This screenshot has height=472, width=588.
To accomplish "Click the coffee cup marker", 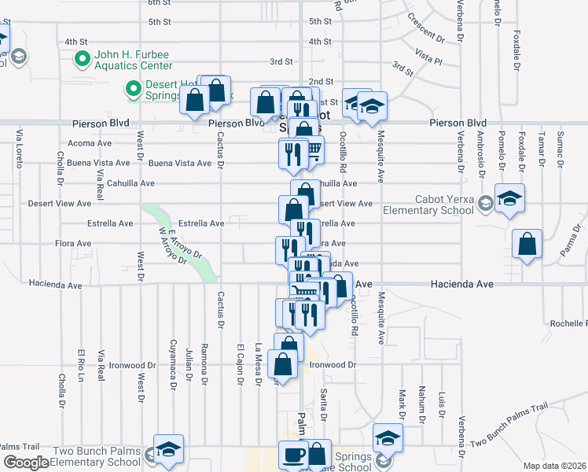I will pos(294,455).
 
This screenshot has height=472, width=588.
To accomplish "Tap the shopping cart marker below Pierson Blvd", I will pos(312,149).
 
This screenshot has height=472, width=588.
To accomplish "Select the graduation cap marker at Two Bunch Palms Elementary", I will pos(168,448).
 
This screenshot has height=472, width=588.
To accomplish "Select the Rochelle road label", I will pos(568,323).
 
